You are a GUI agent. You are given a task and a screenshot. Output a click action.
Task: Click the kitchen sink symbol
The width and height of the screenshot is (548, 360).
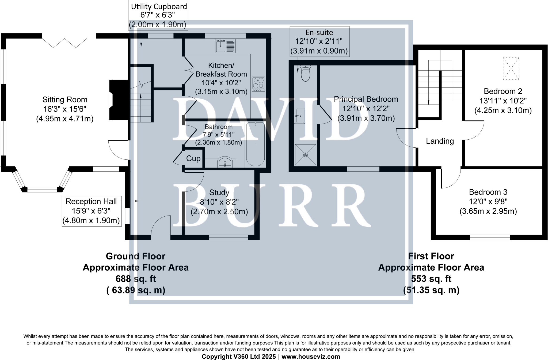[225, 46]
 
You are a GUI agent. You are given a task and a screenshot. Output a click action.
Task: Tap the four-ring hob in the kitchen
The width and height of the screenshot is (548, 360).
[258, 84]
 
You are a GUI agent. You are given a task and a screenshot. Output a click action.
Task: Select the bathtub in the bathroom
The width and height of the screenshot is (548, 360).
[255, 144]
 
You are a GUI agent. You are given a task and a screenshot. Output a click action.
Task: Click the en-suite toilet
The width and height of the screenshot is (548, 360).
[305, 73]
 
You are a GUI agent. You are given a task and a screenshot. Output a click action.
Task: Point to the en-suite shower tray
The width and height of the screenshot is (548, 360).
[305, 155]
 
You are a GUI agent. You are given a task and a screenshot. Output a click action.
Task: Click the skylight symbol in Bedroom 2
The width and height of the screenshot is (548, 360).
[511, 68]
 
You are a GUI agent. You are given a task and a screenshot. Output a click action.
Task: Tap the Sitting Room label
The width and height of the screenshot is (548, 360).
[65, 100]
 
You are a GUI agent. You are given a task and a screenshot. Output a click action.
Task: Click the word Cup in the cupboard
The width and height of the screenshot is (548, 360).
[193, 159]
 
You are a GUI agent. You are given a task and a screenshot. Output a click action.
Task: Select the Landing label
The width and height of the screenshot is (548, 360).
[440, 141]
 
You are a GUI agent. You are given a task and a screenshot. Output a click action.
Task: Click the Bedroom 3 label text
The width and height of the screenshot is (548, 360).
[488, 192]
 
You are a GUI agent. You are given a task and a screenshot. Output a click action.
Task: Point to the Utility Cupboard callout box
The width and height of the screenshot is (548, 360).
[158, 16]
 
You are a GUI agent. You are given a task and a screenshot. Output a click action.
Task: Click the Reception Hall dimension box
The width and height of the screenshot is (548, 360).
[91, 211]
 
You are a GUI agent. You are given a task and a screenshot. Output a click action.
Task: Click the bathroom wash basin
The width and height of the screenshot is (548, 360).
[225, 162]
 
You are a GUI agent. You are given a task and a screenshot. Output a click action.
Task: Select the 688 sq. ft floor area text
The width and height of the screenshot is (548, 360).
[136, 279]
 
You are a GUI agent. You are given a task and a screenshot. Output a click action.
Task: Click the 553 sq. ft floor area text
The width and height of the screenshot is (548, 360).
[431, 279]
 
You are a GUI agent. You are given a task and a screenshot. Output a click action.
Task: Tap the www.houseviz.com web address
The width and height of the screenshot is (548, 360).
[311, 357]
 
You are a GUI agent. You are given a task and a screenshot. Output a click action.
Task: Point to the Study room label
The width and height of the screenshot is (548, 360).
[219, 193]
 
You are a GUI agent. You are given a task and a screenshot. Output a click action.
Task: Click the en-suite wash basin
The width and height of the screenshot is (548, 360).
[300, 116]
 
